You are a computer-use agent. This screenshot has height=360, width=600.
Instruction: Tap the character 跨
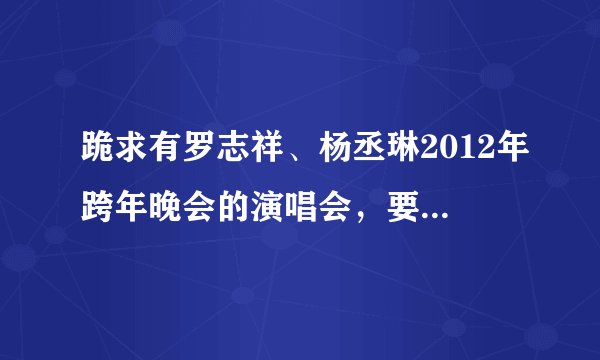pyautogui.click(x=98, y=201)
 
